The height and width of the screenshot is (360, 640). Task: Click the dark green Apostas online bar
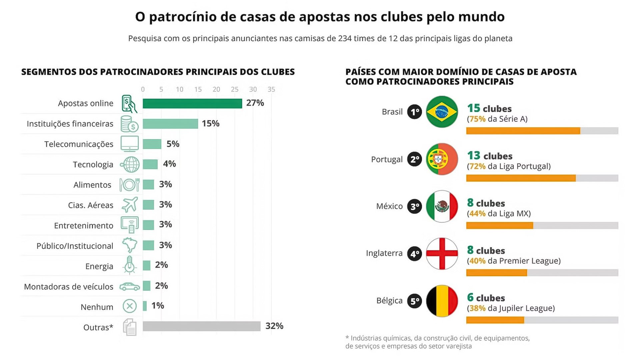[192, 104]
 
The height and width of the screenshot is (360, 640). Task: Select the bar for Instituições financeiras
[170, 124]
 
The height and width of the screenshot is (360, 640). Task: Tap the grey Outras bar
[201, 326]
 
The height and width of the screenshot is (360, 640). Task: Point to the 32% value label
[274, 326]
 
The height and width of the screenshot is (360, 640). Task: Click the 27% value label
[255, 103]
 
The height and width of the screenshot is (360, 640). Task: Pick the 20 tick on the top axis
[216, 89]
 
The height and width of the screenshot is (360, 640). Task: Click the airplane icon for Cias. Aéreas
[130, 205]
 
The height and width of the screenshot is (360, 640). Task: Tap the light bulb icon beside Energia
[129, 265]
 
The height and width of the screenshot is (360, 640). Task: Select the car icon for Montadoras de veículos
[130, 286]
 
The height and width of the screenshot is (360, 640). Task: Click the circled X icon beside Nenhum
[130, 306]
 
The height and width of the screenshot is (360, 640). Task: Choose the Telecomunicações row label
[79, 144]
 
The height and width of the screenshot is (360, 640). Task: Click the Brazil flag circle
[442, 112]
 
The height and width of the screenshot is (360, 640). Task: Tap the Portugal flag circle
[442, 159]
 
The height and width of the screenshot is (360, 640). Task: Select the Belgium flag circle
[442, 301]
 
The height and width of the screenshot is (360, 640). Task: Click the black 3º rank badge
[415, 207]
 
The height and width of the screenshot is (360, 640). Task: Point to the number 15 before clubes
[473, 108]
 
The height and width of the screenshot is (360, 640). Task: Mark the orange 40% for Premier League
[477, 261]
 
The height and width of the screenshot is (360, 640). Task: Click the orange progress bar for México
[499, 226]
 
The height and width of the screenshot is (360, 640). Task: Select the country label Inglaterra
[384, 253]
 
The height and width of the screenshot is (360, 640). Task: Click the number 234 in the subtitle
[345, 38]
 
